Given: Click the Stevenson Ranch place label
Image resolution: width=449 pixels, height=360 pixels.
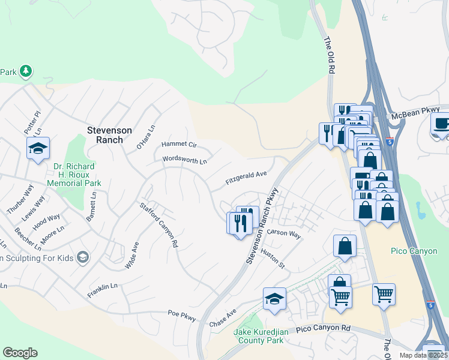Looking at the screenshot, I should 105,134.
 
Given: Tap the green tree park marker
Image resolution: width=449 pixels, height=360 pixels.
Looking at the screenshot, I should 25,72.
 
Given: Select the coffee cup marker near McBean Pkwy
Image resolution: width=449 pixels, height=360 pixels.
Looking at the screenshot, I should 441,124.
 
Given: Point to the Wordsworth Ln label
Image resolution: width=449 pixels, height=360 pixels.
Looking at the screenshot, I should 184,161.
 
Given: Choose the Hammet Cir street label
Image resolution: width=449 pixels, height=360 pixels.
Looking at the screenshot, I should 179,145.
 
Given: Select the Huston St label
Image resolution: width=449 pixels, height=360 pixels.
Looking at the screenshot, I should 272,259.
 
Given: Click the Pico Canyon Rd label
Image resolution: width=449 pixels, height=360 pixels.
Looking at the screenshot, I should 323,329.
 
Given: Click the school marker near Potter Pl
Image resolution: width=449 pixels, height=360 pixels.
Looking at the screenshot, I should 38,148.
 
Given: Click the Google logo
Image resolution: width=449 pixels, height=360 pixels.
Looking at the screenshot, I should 20,353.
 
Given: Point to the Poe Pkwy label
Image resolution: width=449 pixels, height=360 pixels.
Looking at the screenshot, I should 182,314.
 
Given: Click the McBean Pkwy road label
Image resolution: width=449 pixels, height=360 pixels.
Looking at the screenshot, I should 419,112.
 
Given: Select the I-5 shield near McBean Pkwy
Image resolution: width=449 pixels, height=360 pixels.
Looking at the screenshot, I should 390,142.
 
